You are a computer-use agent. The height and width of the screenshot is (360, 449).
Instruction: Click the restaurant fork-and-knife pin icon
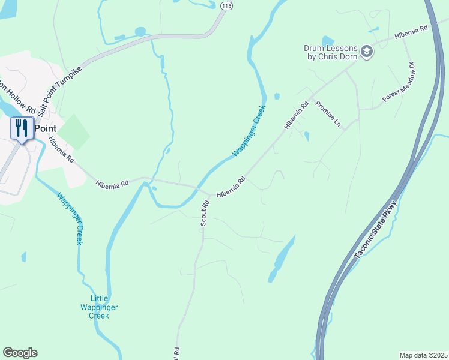[x=22, y=128]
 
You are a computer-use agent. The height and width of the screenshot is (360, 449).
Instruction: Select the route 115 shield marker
[x=226, y=5]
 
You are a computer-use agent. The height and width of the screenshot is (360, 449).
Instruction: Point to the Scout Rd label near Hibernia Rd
[x=205, y=213]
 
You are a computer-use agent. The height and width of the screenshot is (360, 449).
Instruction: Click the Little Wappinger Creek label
[x=104, y=307]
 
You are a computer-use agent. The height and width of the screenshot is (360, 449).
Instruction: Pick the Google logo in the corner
[x=20, y=353]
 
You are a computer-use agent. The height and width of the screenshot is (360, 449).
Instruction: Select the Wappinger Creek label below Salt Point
[x=71, y=218]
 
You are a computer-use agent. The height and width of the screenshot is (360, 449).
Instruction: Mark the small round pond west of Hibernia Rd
[x=277, y=96]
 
